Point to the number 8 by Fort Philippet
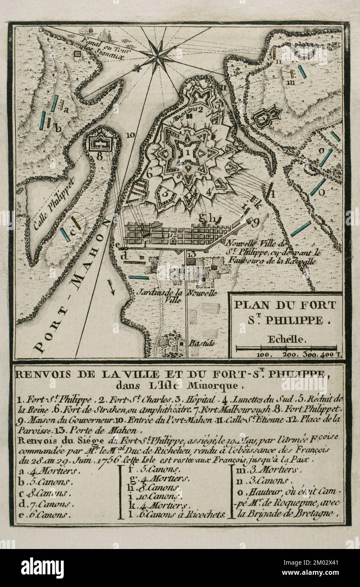[x=100, y=155]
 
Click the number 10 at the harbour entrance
[x=130, y=135]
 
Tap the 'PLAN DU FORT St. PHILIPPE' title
[x=285, y=312]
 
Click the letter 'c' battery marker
[x=72, y=230]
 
